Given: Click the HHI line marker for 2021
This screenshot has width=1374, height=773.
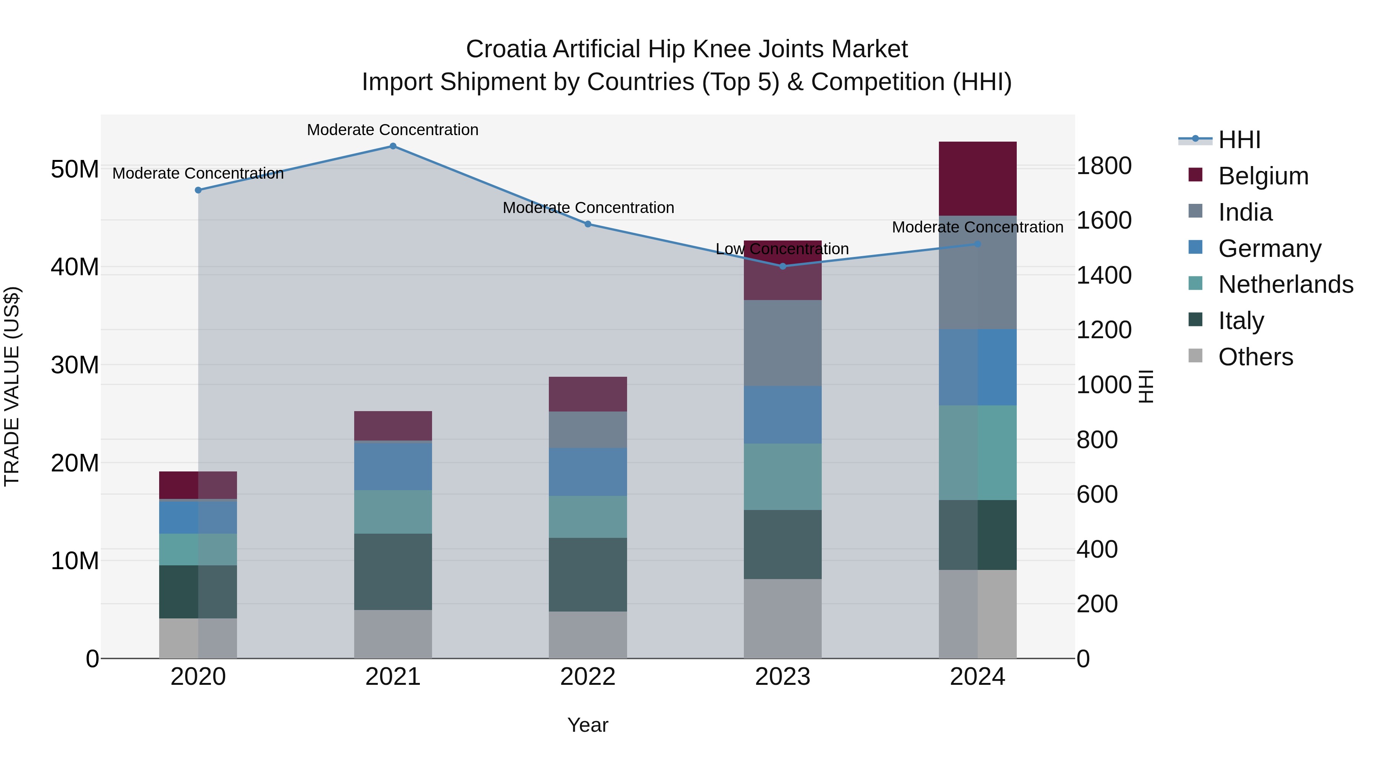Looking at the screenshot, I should coord(393,146).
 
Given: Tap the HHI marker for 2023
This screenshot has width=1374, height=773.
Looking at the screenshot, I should coord(782,266).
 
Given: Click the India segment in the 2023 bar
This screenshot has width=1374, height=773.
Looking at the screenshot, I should coord(782,343).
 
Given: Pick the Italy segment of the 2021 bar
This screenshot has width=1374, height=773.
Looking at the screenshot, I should coord(393,571).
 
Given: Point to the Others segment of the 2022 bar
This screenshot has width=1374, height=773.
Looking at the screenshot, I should coord(588,635).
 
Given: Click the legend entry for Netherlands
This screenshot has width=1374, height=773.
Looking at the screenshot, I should coord(1285,284).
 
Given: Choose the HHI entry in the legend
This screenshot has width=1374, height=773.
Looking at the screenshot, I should coord(1239,140).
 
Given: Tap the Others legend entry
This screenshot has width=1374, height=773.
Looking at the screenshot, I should coord(1255,357).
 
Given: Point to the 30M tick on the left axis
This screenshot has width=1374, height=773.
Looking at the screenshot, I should coord(75,365).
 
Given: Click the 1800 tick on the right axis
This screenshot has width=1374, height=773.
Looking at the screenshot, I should coord(1103,166).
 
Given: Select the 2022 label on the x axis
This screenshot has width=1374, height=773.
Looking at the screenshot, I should coord(588,677).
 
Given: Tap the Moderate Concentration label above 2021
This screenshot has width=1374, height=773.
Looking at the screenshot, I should coord(393,130).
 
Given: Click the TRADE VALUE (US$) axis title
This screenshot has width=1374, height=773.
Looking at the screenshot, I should coord(12,386).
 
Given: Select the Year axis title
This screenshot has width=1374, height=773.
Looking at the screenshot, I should coord(588,725).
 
